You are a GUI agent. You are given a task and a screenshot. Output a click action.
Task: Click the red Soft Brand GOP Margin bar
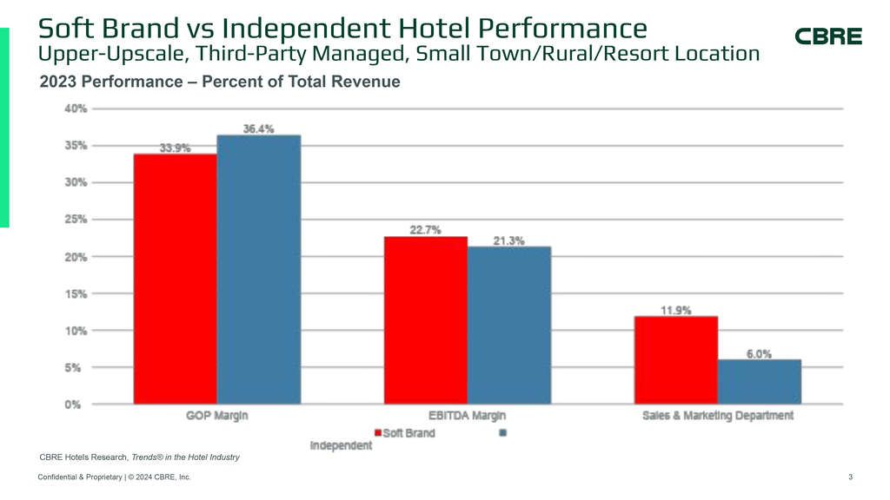175,278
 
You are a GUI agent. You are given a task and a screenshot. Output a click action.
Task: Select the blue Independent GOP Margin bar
258,269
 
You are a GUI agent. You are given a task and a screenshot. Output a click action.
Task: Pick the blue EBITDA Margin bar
508,325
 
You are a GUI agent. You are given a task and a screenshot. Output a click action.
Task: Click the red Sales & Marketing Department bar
675,359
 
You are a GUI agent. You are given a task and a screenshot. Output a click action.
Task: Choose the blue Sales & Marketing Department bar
759,381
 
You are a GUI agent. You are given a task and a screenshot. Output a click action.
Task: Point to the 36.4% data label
258,128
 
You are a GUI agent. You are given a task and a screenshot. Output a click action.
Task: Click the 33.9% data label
175,148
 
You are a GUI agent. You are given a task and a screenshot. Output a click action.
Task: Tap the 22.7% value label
425,230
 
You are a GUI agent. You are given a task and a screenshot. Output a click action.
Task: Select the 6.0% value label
759,353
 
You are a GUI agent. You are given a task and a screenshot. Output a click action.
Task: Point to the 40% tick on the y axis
75,109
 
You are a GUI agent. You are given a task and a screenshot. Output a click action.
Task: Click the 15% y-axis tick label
75,294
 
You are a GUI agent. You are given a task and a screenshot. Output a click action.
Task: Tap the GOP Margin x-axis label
216,416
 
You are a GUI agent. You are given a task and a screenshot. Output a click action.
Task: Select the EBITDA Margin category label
467,416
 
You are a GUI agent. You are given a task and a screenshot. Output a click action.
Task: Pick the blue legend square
503,432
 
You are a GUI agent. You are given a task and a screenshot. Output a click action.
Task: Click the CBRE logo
828,36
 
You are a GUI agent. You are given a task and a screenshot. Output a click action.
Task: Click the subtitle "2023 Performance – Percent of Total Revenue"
220,82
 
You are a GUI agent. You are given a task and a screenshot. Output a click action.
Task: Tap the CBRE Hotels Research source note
139,457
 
